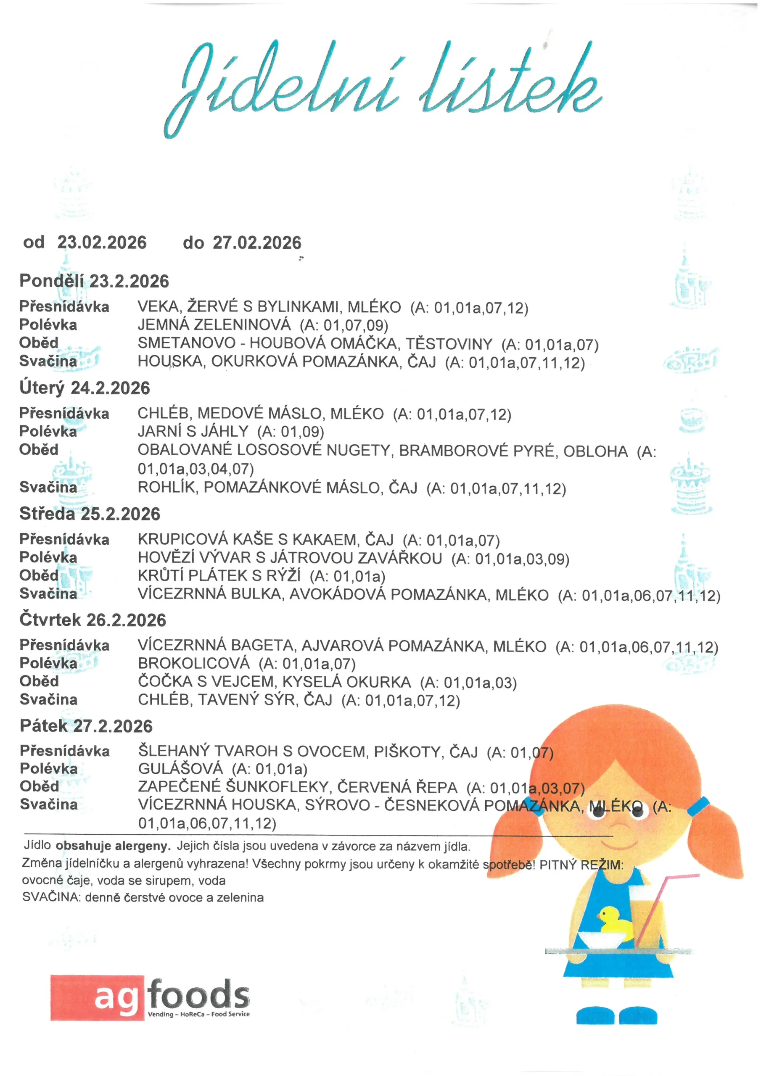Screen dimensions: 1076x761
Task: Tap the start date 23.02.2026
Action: [x=102, y=242]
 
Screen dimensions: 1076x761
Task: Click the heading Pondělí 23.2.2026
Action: [x=94, y=281]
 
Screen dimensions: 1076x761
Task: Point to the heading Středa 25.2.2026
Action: [x=90, y=514]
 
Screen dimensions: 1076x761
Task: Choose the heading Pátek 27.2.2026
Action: [x=86, y=726]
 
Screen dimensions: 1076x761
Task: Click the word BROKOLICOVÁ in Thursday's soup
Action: [x=194, y=663]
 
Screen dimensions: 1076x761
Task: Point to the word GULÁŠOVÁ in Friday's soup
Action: [x=180, y=769]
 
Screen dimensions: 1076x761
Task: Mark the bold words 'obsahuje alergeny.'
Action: [x=113, y=846]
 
